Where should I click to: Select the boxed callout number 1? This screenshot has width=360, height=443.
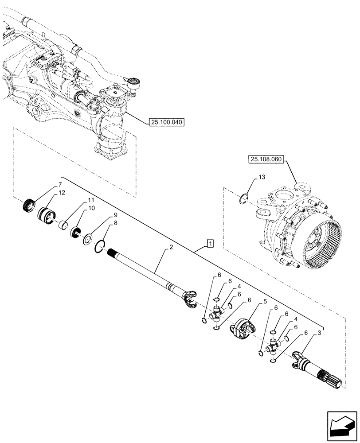(210, 243)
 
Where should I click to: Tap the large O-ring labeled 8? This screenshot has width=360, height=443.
(100, 246)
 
